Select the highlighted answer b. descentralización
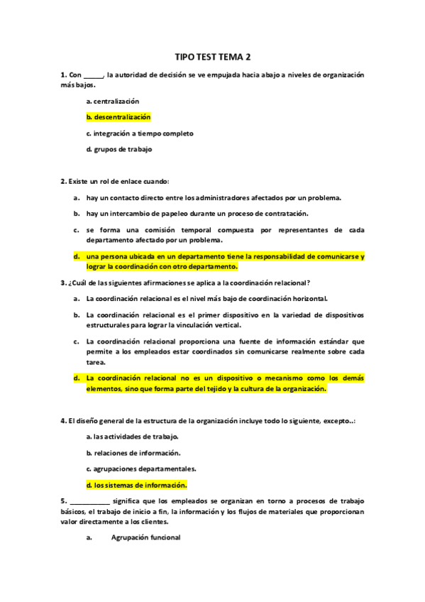click(x=118, y=117)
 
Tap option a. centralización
click(x=112, y=102)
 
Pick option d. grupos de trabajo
click(x=118, y=149)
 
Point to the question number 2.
click(x=63, y=182)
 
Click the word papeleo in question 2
click(x=180, y=213)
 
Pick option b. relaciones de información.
click(x=133, y=452)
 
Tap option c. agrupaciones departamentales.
click(x=141, y=469)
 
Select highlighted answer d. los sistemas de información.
click(x=136, y=486)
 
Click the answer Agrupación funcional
click(x=145, y=537)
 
